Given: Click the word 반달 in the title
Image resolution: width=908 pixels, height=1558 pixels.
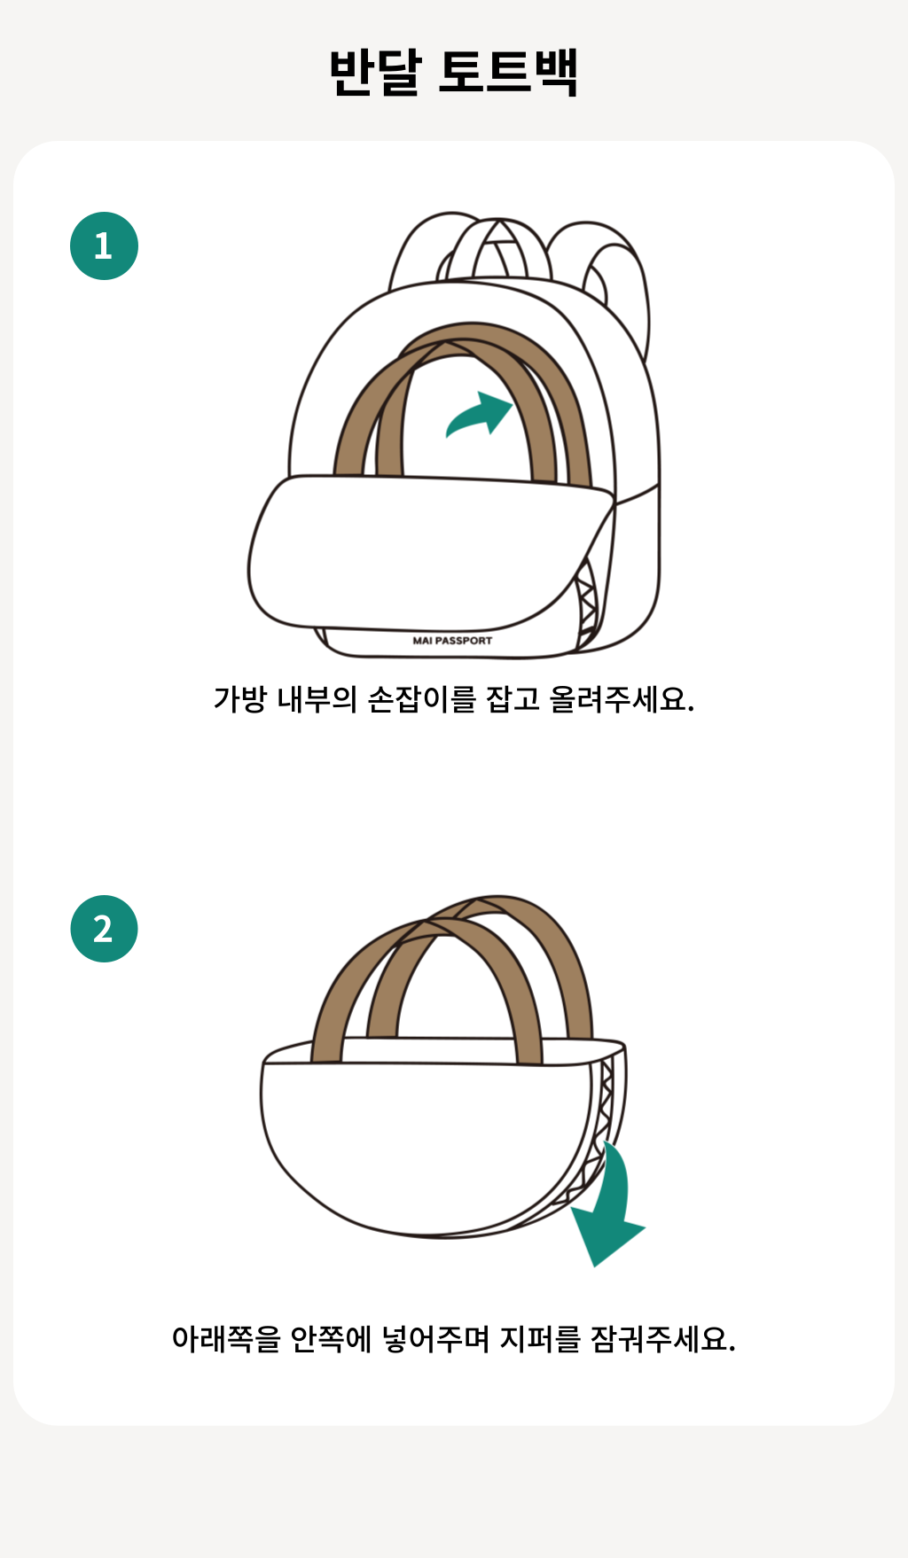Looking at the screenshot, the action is click(375, 72).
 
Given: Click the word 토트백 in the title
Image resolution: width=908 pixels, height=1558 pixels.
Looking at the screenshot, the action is click(509, 72).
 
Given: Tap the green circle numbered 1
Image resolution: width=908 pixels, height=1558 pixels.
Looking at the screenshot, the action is click(104, 245).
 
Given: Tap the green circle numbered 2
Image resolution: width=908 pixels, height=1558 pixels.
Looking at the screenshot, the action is click(104, 929).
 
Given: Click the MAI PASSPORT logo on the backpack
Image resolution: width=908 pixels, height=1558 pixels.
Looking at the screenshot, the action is click(452, 640).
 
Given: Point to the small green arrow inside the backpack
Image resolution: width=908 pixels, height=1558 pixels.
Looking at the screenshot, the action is click(480, 415).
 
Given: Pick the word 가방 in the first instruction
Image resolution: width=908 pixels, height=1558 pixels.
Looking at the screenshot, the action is click(239, 699).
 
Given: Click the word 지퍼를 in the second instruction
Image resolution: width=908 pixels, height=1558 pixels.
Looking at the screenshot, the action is click(540, 1338).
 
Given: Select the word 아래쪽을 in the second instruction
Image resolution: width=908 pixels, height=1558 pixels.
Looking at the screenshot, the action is click(226, 1338).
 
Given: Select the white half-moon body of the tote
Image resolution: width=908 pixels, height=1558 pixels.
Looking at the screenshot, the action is click(426, 1143).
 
